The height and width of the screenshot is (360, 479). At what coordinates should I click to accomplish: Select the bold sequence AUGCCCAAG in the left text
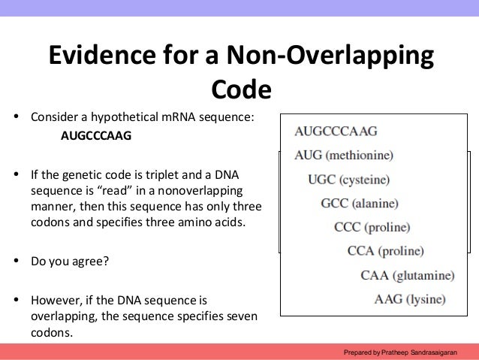tap(95, 137)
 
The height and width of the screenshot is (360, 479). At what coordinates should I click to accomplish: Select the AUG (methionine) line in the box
tap(345, 156)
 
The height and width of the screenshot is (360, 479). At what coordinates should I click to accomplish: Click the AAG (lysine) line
tap(410, 299)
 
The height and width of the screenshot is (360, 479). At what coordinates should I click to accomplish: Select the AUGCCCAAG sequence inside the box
tap(336, 131)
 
